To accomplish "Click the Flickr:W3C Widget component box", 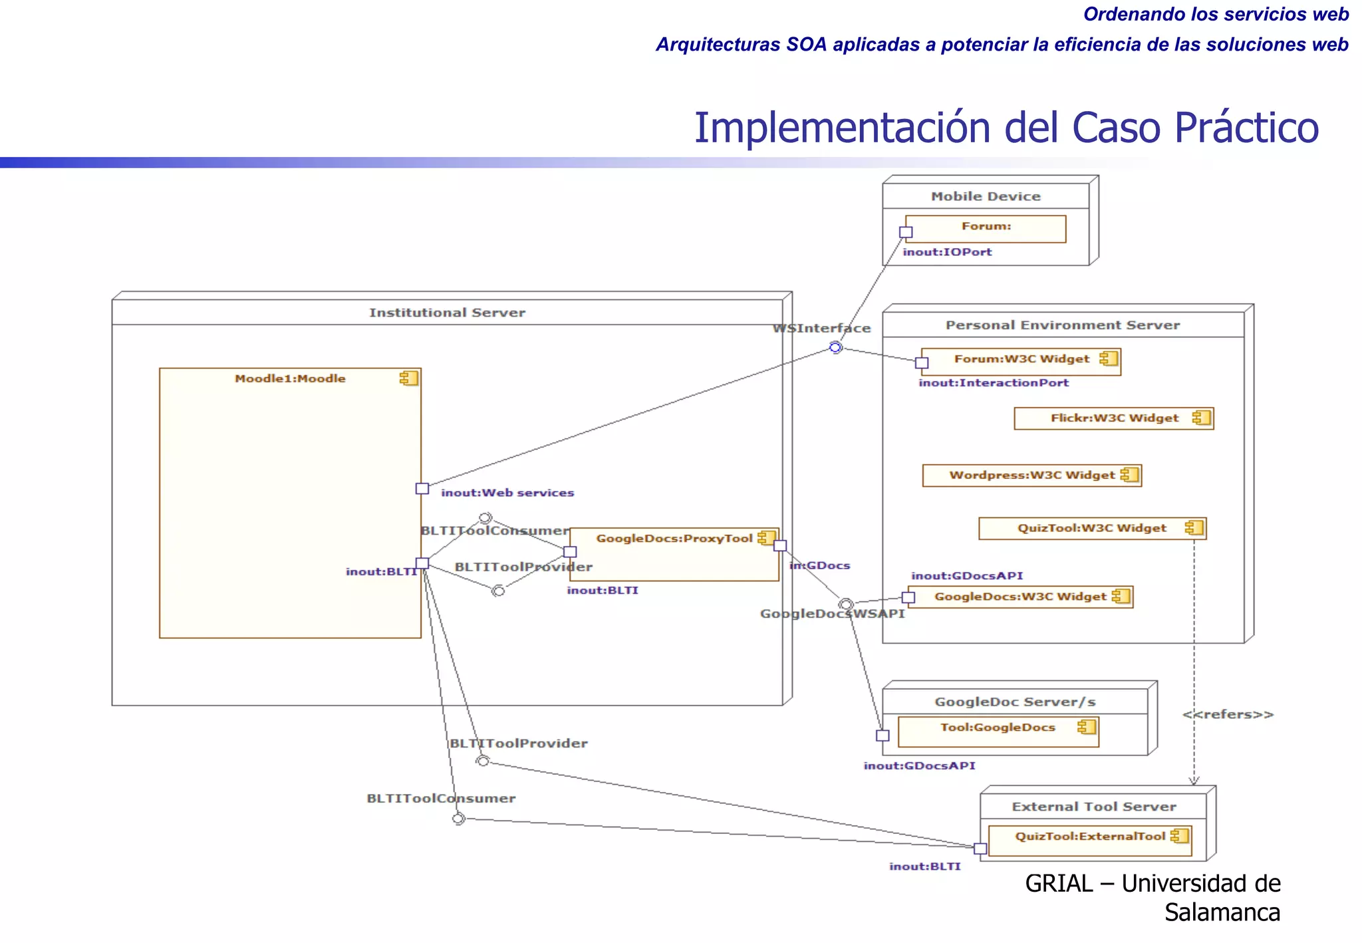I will [x=1113, y=418].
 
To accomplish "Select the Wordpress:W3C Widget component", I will [x=1031, y=475].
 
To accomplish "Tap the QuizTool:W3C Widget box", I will [x=1091, y=528].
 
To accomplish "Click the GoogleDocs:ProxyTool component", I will [x=674, y=555].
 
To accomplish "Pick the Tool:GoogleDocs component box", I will [x=998, y=732].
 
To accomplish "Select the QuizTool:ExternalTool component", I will [x=1089, y=841].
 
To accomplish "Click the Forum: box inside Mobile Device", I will [x=986, y=229].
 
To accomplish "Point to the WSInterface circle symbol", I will [x=836, y=347].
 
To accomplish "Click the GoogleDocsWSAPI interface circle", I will [x=845, y=604].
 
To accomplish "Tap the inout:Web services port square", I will [x=422, y=489].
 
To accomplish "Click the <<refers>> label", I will [x=1228, y=714].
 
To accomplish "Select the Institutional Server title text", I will [x=447, y=313].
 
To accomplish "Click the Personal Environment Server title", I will [x=1062, y=325].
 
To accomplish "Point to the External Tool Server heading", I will [x=1093, y=807].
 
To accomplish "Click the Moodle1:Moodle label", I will [x=290, y=378].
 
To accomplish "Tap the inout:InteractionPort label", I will [x=994, y=383].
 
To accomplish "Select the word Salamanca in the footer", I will [x=1222, y=912].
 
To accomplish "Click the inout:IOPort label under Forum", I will [x=947, y=252].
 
